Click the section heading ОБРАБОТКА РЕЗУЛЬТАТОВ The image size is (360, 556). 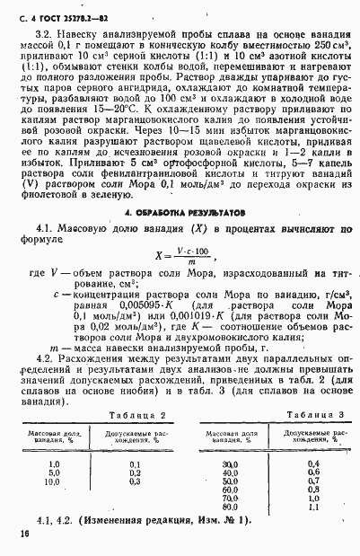pyautogui.click(x=179, y=238)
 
